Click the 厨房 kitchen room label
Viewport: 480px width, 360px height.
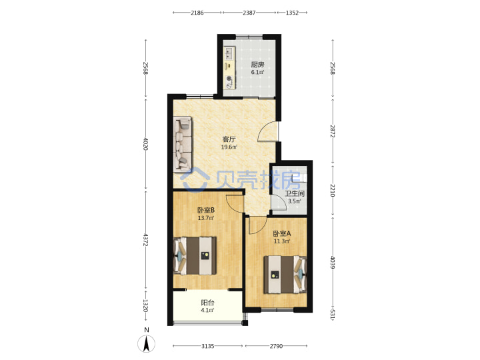[x=257, y=65]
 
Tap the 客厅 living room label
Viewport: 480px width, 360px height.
[x=229, y=139]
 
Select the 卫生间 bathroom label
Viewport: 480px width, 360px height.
[x=295, y=193]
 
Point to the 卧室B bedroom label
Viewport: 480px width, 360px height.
[x=206, y=210]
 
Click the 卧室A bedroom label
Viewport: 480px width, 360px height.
[x=282, y=233]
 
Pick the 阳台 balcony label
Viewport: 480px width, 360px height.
[x=207, y=303]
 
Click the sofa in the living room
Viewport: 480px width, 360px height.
[x=183, y=144]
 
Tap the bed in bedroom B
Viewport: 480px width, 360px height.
[x=195, y=255]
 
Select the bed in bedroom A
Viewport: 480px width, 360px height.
[x=285, y=275]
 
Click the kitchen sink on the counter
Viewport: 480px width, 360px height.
[x=229, y=53]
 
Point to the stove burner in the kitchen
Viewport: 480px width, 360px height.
[x=229, y=79]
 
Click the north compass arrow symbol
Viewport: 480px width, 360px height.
[x=147, y=343]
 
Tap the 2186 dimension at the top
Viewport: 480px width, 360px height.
[x=197, y=13]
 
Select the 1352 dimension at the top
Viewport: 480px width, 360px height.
[x=292, y=13]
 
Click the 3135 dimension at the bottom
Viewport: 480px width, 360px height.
[x=207, y=346]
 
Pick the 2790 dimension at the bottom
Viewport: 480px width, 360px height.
[x=276, y=346]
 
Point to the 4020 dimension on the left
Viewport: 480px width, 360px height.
[x=146, y=144]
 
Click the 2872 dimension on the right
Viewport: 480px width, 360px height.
[x=333, y=131]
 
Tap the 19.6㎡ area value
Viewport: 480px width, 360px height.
[x=229, y=147]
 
